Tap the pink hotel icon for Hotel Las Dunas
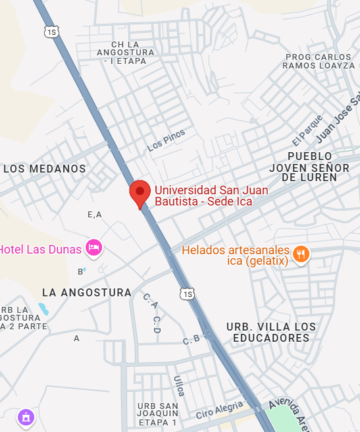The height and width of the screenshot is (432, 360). pos(93,248)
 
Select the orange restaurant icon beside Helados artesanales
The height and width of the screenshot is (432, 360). pos(301,254)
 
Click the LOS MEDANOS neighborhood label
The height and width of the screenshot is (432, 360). pos(45,169)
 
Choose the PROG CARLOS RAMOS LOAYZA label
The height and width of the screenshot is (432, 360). pos(321,61)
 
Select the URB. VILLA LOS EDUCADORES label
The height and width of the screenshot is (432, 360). pos(270,333)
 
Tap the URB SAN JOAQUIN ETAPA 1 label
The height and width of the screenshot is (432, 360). pos(158,414)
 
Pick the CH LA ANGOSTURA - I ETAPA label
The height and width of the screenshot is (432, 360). pos(124,52)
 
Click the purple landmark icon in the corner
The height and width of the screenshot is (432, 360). pos(26,417)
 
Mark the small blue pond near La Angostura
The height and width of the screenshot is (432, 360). pos(43,308)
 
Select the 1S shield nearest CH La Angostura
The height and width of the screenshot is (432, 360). pos(51,31)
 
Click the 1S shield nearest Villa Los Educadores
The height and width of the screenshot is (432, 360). pos(189,293)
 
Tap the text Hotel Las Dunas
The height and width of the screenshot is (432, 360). pos(41,249)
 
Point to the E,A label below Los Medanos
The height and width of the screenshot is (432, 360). pos(95,215)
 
